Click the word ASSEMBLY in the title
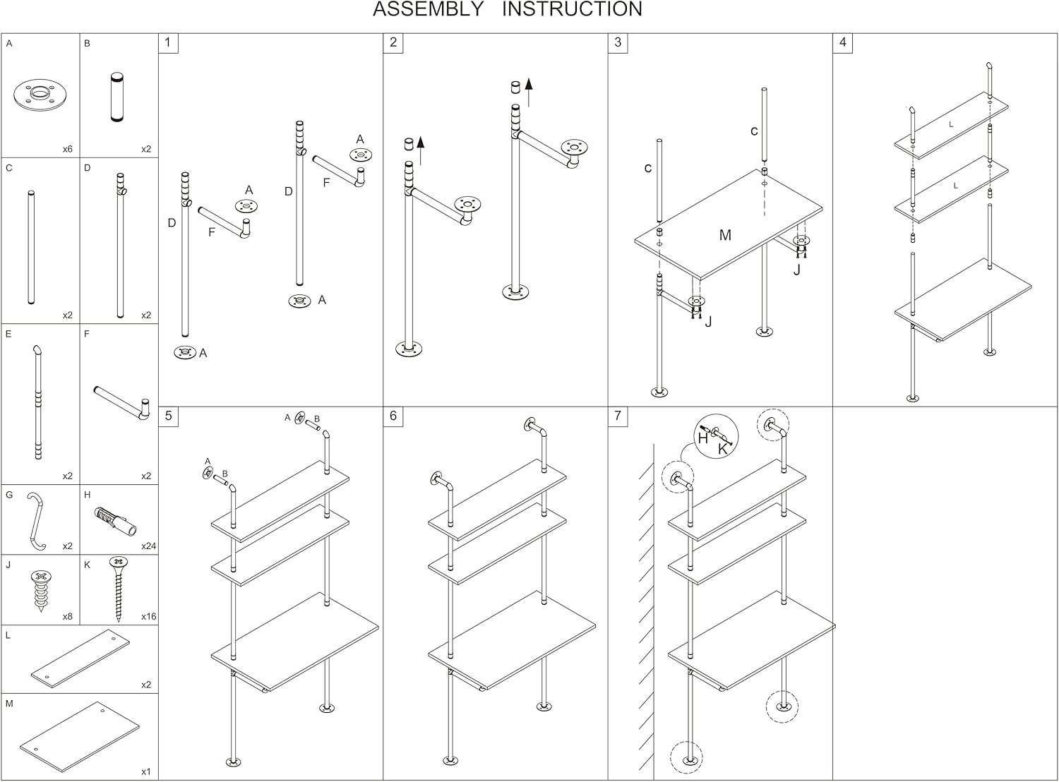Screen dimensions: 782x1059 pyautogui.click(x=428, y=10)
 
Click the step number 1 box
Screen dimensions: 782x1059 pyautogui.click(x=168, y=43)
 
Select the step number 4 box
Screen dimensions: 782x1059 pyautogui.click(x=843, y=43)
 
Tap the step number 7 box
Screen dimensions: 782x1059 pyautogui.click(x=618, y=416)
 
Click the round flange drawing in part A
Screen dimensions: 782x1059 pyautogui.click(x=41, y=95)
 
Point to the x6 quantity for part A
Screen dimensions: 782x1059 pyautogui.click(x=67, y=150)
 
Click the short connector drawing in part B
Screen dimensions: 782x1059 pyautogui.click(x=116, y=97)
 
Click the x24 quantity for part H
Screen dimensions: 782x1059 pyautogui.click(x=148, y=546)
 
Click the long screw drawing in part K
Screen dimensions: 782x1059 pyautogui.click(x=118, y=588)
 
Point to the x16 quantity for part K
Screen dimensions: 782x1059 pyautogui.click(x=148, y=617)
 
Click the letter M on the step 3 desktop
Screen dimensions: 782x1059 pyautogui.click(x=725, y=235)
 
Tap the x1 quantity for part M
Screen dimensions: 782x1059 pyautogui.click(x=145, y=771)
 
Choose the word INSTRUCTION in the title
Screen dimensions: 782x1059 pyautogui.click(x=572, y=10)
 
